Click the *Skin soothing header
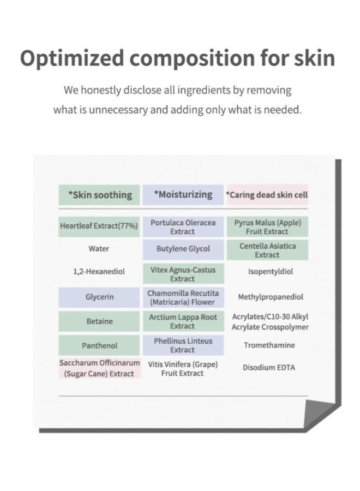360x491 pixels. point(99,195)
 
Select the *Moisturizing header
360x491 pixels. point(183,194)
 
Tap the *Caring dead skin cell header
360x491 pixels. point(267,195)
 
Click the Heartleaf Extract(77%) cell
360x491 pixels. point(99,226)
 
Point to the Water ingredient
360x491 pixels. point(99,249)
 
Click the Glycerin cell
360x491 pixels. point(99,297)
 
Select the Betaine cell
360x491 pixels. point(99,321)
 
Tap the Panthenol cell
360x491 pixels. point(99,345)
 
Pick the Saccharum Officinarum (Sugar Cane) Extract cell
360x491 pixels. point(99,368)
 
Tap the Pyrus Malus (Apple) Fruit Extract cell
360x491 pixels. point(267,227)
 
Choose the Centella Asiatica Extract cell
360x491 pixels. point(267,250)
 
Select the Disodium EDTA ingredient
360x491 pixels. point(268,367)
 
